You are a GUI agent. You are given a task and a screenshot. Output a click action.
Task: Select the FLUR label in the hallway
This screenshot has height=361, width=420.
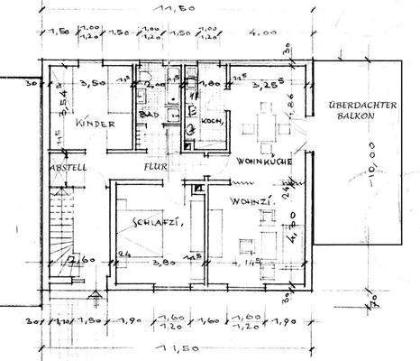pyautogui.click(x=150, y=166)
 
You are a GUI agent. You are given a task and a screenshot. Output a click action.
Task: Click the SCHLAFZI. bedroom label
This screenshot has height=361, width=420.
pyautogui.click(x=153, y=222)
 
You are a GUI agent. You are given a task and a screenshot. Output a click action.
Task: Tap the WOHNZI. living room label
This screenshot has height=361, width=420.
pyautogui.click(x=247, y=199)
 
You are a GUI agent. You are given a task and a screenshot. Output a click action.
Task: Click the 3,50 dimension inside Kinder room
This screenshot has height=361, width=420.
pyautogui.click(x=93, y=82)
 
